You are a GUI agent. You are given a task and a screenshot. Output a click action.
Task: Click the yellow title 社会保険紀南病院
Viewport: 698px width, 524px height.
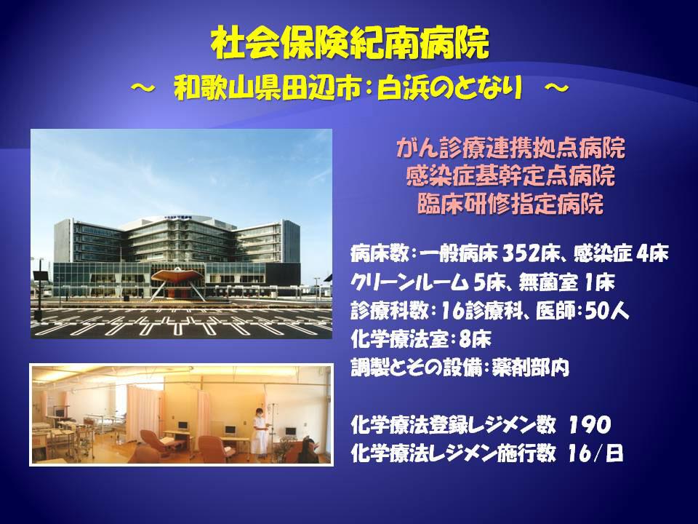tap(350, 43)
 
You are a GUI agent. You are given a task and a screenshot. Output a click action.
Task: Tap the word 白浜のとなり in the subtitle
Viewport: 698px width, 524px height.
tap(449, 88)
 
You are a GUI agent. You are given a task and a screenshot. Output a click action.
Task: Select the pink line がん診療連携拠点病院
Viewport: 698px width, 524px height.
tap(510, 148)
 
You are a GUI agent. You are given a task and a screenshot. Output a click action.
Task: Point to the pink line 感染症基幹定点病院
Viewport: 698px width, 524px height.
tap(510, 176)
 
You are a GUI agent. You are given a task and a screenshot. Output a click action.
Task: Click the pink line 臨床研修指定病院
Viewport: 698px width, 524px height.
tap(510, 204)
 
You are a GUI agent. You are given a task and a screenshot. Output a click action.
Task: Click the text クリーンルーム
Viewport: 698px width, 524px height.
tap(409, 282)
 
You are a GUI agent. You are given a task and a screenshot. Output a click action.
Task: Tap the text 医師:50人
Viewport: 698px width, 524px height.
tap(582, 311)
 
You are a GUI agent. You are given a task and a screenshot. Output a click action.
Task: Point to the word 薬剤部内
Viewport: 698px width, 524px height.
tap(531, 368)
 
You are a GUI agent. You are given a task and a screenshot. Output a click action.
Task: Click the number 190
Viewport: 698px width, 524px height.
tap(590, 424)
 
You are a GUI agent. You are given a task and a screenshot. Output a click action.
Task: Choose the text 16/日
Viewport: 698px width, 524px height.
tap(595, 453)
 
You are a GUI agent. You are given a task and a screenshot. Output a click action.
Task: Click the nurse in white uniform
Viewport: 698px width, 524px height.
tap(260, 431)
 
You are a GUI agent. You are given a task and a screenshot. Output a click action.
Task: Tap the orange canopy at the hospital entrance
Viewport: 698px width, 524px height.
tap(177, 275)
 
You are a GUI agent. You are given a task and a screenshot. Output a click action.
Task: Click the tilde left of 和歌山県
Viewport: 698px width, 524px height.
tap(143, 88)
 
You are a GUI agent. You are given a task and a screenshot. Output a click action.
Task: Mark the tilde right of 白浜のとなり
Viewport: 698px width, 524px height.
tap(556, 88)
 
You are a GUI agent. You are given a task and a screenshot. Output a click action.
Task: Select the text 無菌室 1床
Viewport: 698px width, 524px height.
tap(566, 282)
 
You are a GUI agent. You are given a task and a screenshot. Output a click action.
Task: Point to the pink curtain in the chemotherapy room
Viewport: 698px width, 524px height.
tap(143, 413)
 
